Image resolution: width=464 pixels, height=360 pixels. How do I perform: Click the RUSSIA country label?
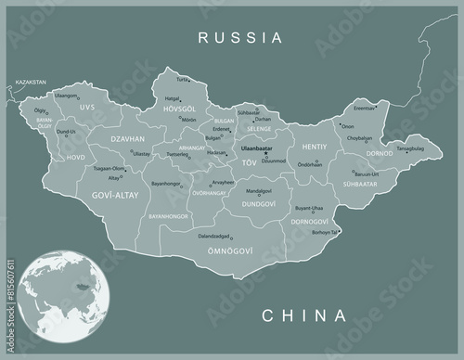tap(239, 38)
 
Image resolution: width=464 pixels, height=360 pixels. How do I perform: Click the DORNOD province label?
tap(380, 153)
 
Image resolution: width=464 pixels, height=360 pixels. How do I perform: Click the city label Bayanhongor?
tap(166, 184)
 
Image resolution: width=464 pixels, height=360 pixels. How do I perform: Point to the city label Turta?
tap(182, 80)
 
